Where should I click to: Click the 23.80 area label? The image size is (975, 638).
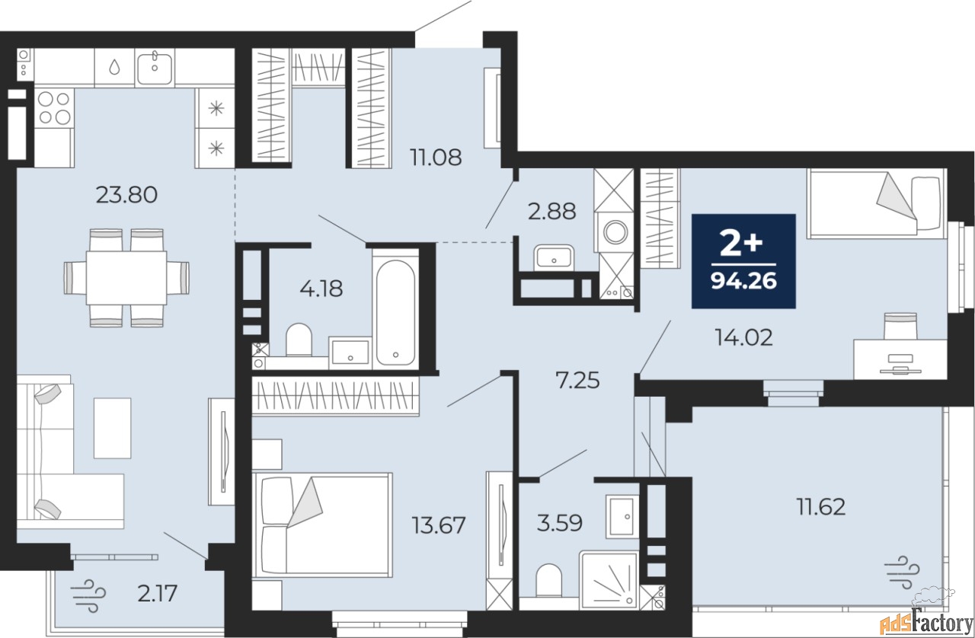tap(126, 195)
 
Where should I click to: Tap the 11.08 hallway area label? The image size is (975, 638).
tap(436, 157)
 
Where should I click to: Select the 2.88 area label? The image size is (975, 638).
tap(552, 212)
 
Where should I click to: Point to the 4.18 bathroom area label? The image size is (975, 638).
tap(321, 289)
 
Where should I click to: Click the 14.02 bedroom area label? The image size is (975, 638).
tap(744, 337)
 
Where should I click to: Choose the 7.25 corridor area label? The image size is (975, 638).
tap(577, 381)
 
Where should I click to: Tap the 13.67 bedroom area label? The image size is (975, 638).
tap(439, 525)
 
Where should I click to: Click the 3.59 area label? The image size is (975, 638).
tap(560, 523)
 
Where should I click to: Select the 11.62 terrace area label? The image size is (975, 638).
tap(821, 507)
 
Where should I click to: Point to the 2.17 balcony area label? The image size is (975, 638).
tap(157, 594)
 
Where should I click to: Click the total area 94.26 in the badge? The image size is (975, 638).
tap(744, 281)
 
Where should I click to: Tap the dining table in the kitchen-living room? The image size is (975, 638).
tap(126, 278)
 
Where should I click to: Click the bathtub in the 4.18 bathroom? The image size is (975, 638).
tap(395, 311)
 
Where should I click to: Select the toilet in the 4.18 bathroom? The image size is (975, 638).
tap(299, 340)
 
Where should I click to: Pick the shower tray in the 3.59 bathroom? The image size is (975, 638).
tap(609, 580)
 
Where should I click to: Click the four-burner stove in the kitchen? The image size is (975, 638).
tap(54, 108)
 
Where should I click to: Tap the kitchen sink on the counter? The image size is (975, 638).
tap(155, 68)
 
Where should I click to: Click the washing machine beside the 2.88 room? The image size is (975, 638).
tap(615, 231)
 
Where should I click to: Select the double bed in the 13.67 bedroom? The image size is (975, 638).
tap(322, 525)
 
